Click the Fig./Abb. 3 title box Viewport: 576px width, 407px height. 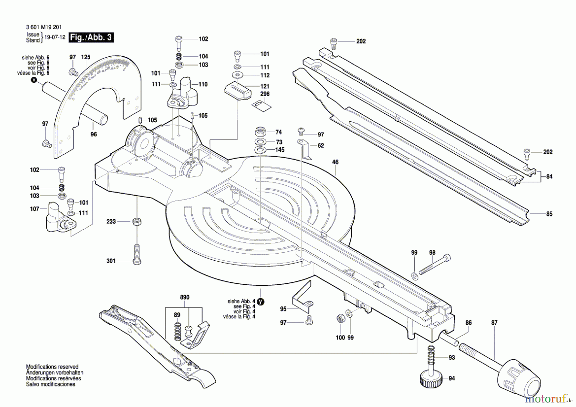pyautogui.click(x=91, y=37)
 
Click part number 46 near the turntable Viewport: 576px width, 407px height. pyautogui.click(x=335, y=162)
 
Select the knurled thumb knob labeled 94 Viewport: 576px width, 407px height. pyautogui.click(x=431, y=379)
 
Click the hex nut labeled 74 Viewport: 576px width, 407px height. pyautogui.click(x=260, y=132)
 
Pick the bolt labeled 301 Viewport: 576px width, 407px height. pyautogui.click(x=137, y=255)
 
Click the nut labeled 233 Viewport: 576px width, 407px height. pyautogui.click(x=137, y=221)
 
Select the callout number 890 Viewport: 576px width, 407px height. pyautogui.click(x=185, y=297)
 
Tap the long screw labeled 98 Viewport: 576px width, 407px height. pyautogui.click(x=434, y=265)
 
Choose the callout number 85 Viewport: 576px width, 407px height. pyautogui.click(x=549, y=214)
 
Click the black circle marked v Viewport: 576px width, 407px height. pyautogui.click(x=34, y=80)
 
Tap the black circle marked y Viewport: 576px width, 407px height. pyautogui.click(x=260, y=302)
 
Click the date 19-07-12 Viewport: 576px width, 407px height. pyautogui.click(x=54, y=37)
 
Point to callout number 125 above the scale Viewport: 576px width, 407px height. pyautogui.click(x=85, y=57)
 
